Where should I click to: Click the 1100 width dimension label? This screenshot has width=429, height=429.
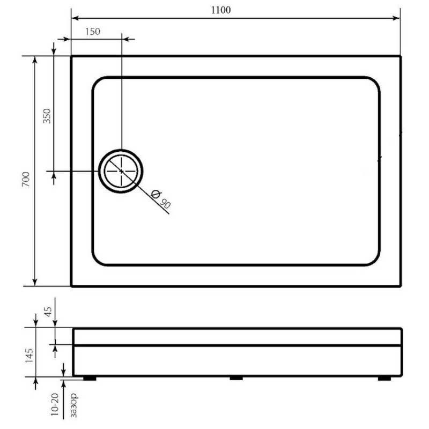[221, 10]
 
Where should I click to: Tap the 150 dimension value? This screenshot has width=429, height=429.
[93, 32]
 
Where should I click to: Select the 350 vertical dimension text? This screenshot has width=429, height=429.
[47, 116]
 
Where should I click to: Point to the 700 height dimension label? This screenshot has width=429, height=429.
[26, 180]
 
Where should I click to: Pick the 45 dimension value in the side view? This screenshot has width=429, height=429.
[48, 312]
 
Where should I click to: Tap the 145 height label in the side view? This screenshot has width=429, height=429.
[29, 356]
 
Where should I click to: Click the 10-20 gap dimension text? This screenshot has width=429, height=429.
[55, 404]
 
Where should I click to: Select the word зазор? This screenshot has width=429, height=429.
[73, 405]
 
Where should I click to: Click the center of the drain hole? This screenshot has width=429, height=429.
[121, 171]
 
